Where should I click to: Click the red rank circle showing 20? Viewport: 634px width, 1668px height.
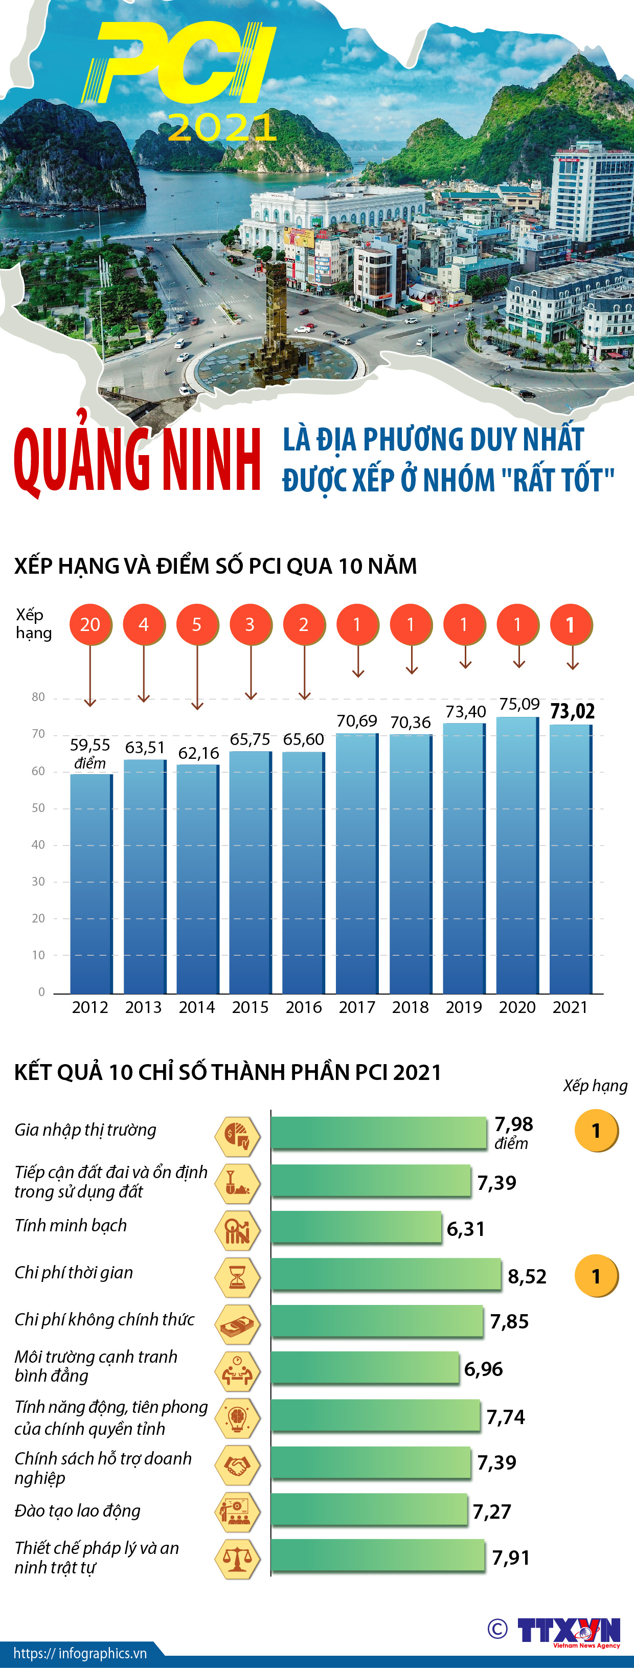[90, 624]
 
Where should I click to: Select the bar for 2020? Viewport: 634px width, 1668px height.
[517, 855]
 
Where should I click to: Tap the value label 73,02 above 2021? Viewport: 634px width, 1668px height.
[572, 711]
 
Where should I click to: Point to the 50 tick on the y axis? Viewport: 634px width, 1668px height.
[38, 808]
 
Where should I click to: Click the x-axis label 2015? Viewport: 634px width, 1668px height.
[250, 1007]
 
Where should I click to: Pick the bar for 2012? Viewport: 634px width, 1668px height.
[90, 884]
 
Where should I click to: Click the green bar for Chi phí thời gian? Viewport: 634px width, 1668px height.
[386, 1274]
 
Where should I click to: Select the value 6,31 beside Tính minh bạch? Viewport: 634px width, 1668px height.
[466, 1228]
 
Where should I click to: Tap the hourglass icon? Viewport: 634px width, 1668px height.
[237, 1276]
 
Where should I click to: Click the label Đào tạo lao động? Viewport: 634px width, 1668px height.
[78, 1511]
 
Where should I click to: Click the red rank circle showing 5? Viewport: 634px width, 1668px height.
[197, 624]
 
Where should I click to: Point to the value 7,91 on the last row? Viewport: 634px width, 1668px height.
[511, 1557]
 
